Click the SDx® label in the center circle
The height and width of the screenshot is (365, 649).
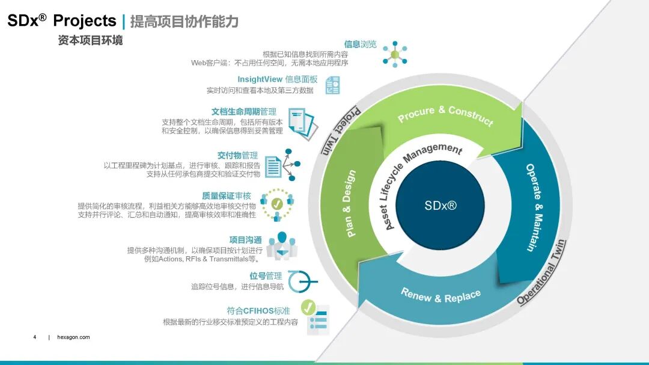pos(440,206)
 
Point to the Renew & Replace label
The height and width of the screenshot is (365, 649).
pos(440,296)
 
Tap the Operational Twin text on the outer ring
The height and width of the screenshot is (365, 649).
pos(541,272)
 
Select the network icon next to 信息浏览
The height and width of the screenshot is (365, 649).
pos(395,54)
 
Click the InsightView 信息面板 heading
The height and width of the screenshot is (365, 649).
pos(277,79)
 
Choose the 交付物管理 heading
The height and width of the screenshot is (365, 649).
pos(237,155)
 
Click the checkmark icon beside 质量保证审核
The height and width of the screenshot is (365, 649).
pos(276,204)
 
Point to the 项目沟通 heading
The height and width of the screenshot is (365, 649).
pos(246,240)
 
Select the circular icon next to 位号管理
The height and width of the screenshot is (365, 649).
pos(300,281)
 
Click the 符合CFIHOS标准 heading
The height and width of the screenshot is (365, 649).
pos(258,311)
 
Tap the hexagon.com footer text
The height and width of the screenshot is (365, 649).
pos(73,337)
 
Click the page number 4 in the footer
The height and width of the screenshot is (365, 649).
pos(35,337)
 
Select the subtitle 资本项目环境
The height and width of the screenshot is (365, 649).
pos(90,41)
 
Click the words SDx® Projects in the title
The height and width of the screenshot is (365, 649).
pos(61,21)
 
